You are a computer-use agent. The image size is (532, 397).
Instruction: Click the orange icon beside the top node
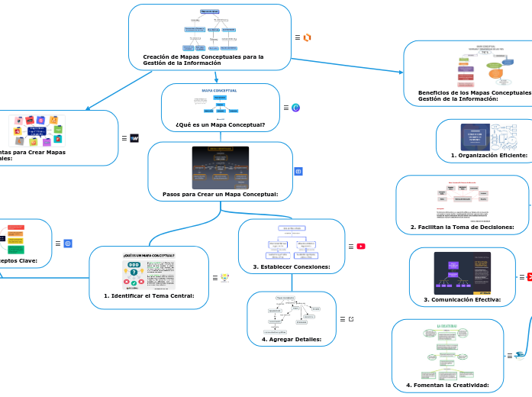tap(308, 37)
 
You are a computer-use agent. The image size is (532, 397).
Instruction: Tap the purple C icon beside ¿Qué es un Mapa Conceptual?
tap(295, 108)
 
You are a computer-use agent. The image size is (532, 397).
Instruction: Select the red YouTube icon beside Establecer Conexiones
tap(361, 246)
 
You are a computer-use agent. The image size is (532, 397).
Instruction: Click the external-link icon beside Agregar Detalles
tap(351, 318)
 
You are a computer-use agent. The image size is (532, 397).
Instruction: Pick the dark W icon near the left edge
tap(134, 138)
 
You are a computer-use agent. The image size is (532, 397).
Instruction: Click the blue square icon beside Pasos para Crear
tap(298, 171)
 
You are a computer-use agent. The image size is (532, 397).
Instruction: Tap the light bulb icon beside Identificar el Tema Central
tap(224, 278)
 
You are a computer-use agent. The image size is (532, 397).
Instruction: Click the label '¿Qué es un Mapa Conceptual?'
tap(220, 124)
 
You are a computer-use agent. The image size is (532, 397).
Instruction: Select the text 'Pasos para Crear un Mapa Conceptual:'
tap(220, 195)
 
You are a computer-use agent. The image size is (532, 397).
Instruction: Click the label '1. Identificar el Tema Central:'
tap(149, 295)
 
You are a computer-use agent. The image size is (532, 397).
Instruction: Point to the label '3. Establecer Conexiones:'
tap(292, 266)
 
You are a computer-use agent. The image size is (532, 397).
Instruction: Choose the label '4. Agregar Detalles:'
tap(292, 339)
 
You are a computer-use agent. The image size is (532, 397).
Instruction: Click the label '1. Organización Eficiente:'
tap(489, 155)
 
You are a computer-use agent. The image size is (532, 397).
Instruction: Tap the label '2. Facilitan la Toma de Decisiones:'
tap(462, 227)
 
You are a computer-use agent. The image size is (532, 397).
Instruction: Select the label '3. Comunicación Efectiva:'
tap(462, 299)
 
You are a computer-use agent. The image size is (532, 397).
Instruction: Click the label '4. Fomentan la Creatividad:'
tap(447, 385)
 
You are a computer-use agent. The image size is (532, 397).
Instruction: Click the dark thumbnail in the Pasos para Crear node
tap(220, 167)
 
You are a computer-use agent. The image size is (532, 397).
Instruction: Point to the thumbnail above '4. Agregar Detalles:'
tap(292, 314)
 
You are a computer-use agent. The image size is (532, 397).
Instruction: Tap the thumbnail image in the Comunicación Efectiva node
tap(463, 273)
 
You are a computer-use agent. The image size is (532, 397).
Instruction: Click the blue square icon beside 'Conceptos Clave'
tap(68, 244)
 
